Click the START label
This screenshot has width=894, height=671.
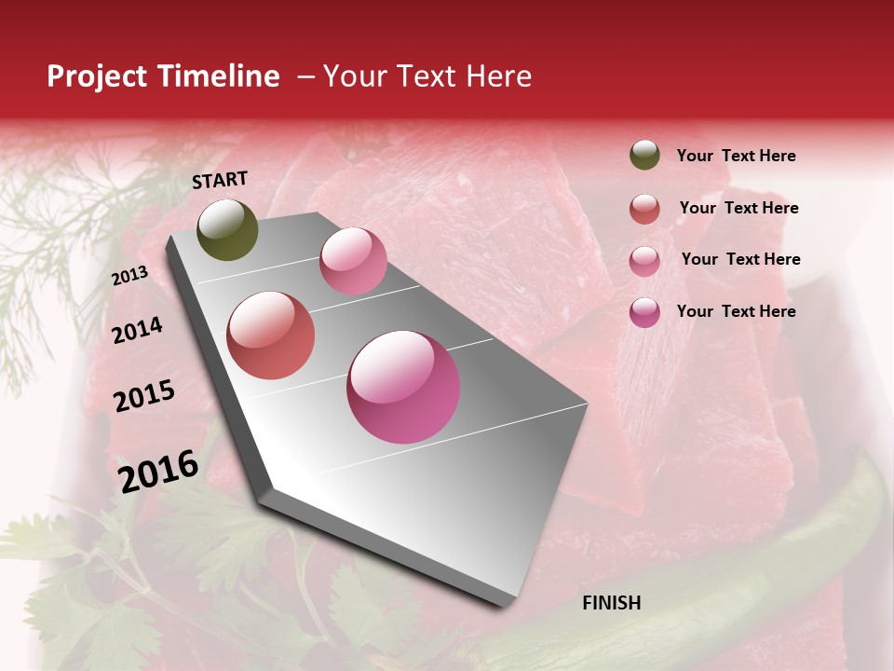tap(220, 180)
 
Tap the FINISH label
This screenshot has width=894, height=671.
tap(611, 603)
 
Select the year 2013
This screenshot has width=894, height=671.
tap(129, 276)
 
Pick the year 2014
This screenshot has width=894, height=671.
tap(137, 330)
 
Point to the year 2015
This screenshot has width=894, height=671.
tap(143, 396)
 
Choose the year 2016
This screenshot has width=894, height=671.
tap(158, 471)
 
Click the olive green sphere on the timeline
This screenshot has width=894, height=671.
tap(227, 230)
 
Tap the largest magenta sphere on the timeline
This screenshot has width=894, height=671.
tap(403, 387)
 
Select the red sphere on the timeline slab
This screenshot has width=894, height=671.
tap(271, 335)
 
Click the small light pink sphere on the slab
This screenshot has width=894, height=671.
tap(353, 261)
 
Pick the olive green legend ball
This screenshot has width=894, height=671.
tap(644, 155)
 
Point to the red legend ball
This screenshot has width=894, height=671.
tap(644, 209)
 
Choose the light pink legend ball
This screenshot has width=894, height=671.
tap(644, 261)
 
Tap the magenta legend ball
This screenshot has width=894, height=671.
tap(644, 312)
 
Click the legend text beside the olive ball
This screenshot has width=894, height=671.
tap(736, 156)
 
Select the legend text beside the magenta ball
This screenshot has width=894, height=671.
tap(736, 311)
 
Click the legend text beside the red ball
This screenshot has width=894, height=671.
tap(738, 208)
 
